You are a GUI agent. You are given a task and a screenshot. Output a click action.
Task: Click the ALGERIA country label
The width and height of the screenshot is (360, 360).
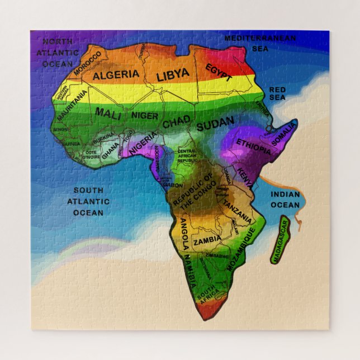click(x=116, y=75)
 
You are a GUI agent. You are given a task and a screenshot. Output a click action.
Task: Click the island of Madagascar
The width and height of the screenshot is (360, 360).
click(x=281, y=240)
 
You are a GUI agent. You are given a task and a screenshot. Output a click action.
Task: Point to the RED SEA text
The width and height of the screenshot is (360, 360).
click(x=277, y=93)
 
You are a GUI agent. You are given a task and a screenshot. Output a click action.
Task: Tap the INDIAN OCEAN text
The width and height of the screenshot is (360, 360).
click(x=285, y=200)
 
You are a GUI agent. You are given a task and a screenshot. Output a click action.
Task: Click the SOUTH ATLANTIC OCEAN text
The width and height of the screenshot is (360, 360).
click(x=88, y=201)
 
